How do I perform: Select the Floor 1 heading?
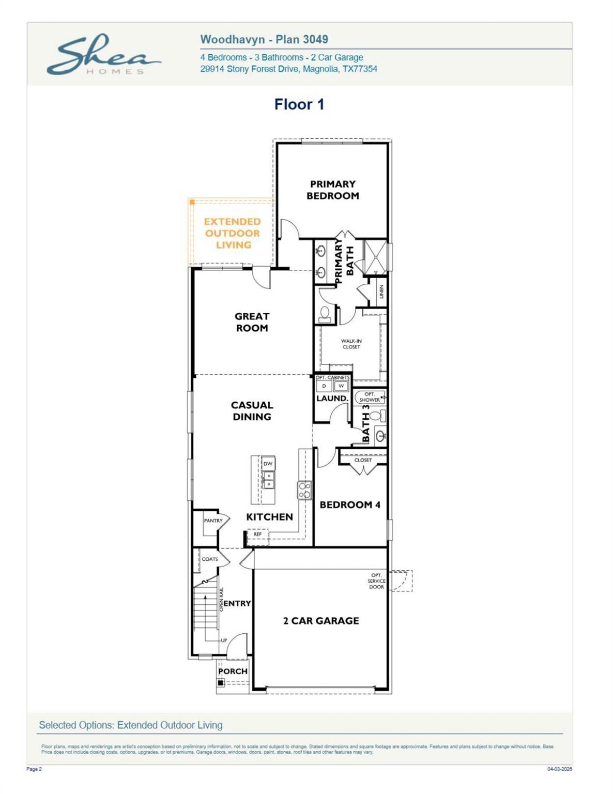299,104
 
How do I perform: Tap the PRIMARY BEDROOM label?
332,190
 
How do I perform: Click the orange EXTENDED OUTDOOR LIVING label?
232,233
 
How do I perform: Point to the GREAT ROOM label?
252,322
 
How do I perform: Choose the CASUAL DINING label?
252,411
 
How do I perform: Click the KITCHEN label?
269,517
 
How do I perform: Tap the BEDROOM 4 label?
350,505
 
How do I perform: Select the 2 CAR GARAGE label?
320,621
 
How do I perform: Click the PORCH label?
233,671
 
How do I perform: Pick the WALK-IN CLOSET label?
351,344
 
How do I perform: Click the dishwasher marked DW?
268,464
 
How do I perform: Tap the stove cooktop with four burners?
304,490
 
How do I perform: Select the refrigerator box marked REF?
257,535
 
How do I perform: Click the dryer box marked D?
324,386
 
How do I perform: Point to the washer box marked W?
341,386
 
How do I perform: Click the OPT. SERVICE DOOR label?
376,581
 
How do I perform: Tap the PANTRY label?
213,521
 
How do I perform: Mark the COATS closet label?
209,559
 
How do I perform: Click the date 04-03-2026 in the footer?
559,769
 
